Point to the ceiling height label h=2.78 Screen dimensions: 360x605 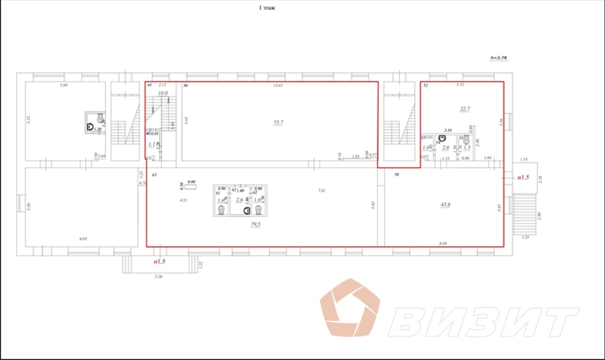point(498,58)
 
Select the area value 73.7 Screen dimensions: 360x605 point(279,122)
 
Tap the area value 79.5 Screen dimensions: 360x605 point(255,225)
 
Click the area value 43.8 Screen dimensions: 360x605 point(445,205)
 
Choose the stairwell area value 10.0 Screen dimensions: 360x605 point(162,93)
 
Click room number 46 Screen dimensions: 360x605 point(186,86)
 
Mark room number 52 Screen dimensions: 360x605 point(425,86)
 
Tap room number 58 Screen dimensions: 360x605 point(397,174)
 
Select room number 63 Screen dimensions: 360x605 point(154,174)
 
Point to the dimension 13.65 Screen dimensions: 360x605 point(278,85)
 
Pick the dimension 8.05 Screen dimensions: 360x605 point(83,239)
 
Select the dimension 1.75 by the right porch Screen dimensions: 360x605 point(523,159)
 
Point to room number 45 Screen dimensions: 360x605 point(150,86)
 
